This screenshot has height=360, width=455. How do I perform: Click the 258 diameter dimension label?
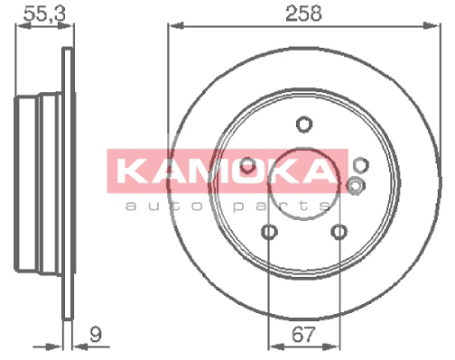[303, 14]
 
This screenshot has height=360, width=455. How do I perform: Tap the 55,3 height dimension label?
[44, 14]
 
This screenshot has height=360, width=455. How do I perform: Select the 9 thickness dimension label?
[96, 334]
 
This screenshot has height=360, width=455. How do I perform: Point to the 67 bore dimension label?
[303, 334]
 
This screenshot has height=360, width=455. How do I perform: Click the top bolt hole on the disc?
[304, 124]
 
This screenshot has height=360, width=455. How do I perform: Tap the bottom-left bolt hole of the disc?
[269, 232]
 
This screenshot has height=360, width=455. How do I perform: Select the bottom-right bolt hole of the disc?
[339, 232]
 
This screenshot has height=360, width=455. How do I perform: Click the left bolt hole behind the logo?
[248, 165]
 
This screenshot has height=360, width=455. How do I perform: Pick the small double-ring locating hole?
[356, 186]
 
